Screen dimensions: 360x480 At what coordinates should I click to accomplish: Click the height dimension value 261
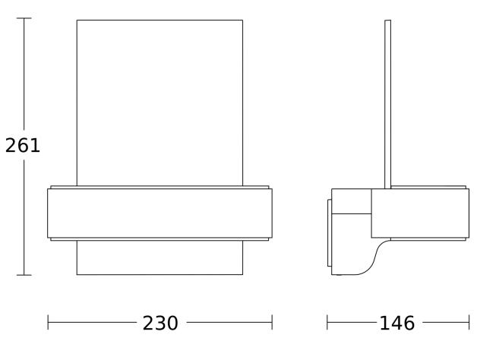(23, 145)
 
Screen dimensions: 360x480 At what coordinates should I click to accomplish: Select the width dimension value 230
(160, 324)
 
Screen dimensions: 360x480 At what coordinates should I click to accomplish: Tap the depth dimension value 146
(397, 324)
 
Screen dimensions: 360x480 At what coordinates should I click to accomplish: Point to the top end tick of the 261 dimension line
(24, 18)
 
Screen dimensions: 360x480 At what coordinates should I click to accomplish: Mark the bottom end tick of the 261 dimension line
(24, 275)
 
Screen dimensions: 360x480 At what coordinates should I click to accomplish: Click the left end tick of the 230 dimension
(48, 324)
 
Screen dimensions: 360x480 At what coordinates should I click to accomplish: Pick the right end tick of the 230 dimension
(272, 324)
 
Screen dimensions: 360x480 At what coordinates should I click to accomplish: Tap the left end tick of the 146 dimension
(327, 324)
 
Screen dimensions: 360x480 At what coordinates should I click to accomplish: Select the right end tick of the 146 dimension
(469, 324)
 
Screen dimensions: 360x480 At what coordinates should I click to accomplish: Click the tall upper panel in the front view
(159, 103)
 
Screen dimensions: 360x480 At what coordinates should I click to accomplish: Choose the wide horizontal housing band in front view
(159, 213)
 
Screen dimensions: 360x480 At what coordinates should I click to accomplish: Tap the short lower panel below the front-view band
(159, 257)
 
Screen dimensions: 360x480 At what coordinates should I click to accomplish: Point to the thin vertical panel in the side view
(388, 103)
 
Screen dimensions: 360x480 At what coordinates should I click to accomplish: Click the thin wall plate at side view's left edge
(329, 233)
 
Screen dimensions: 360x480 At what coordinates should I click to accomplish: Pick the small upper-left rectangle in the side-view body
(352, 201)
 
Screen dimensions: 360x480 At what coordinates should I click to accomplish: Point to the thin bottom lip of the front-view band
(159, 239)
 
